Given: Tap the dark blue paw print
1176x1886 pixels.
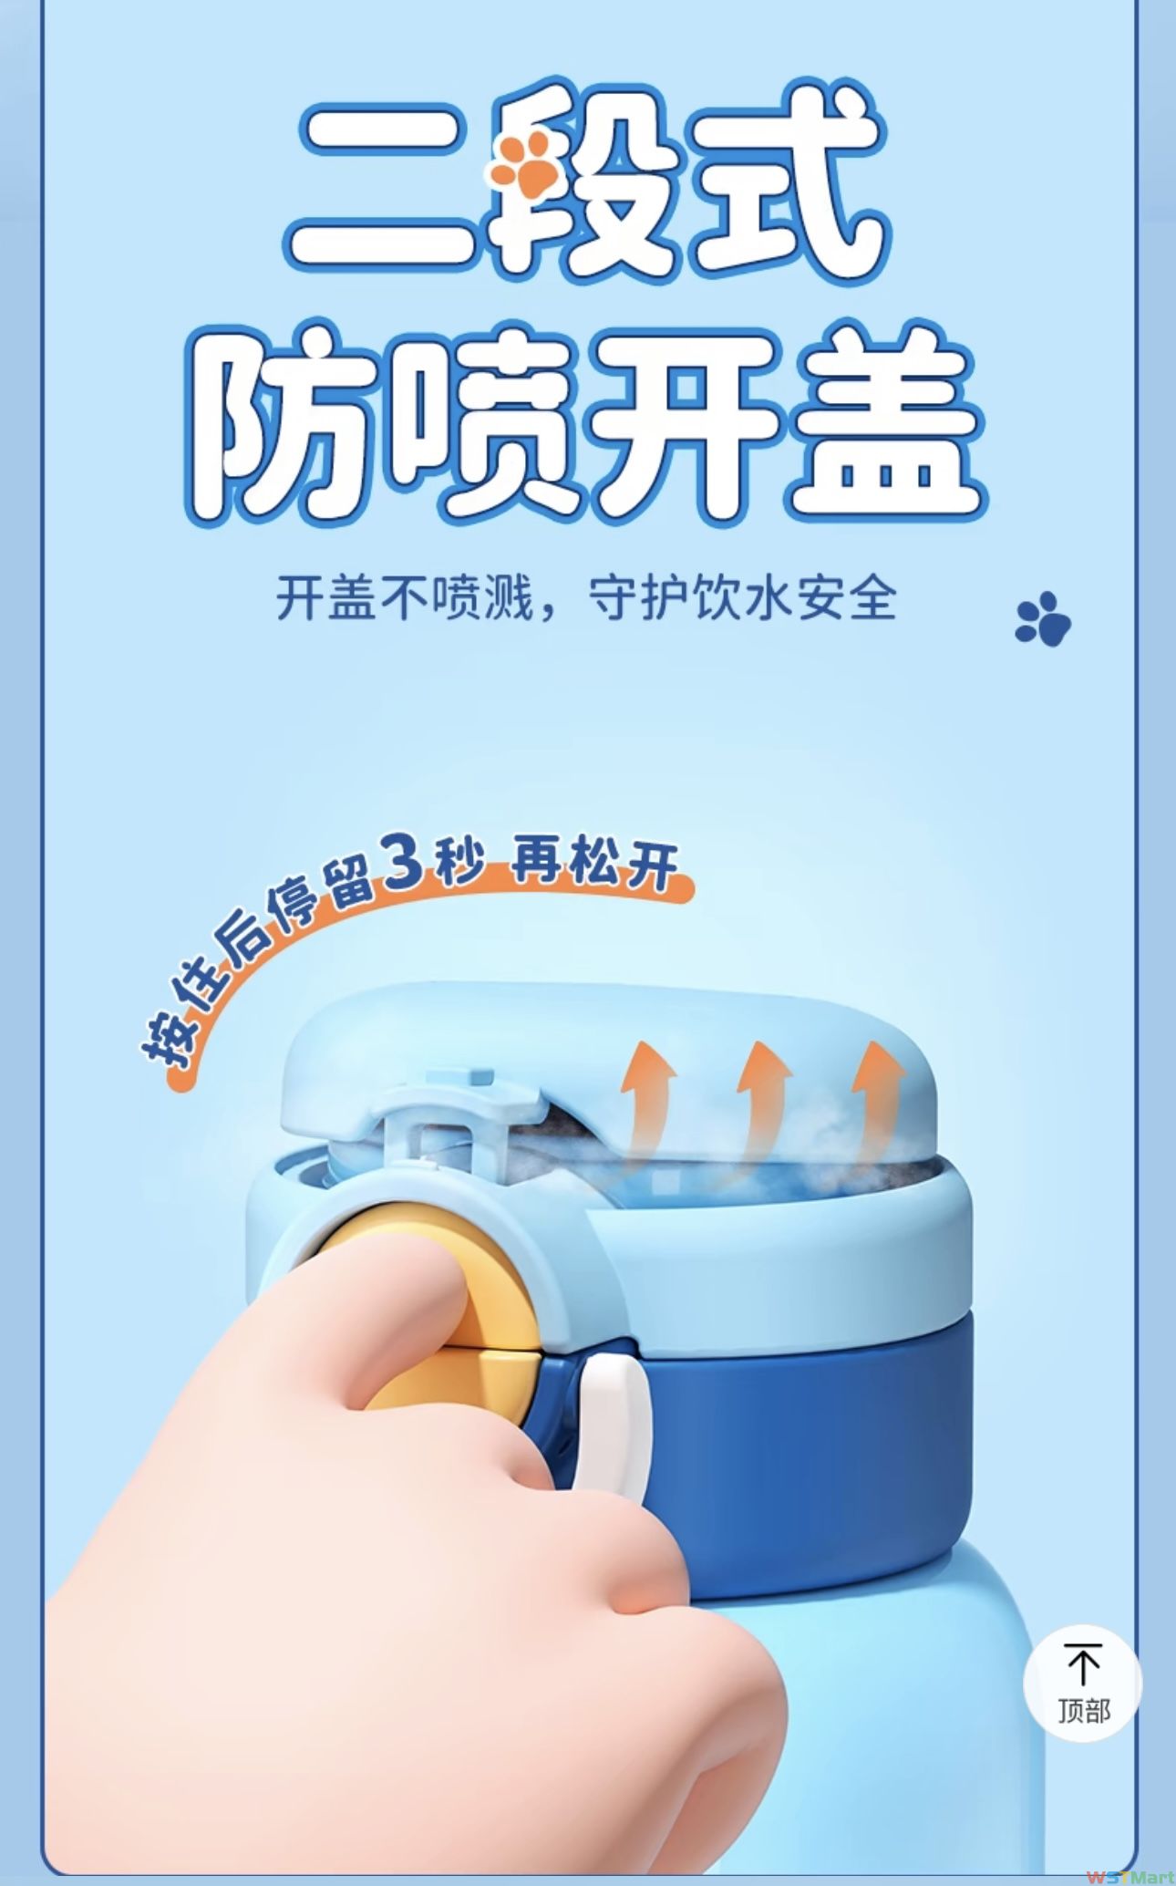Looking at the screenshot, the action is click(x=1044, y=619).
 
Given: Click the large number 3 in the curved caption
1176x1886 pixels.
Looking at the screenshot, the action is click(x=405, y=859).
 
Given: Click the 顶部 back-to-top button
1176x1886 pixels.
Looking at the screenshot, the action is click(x=1083, y=1684).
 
